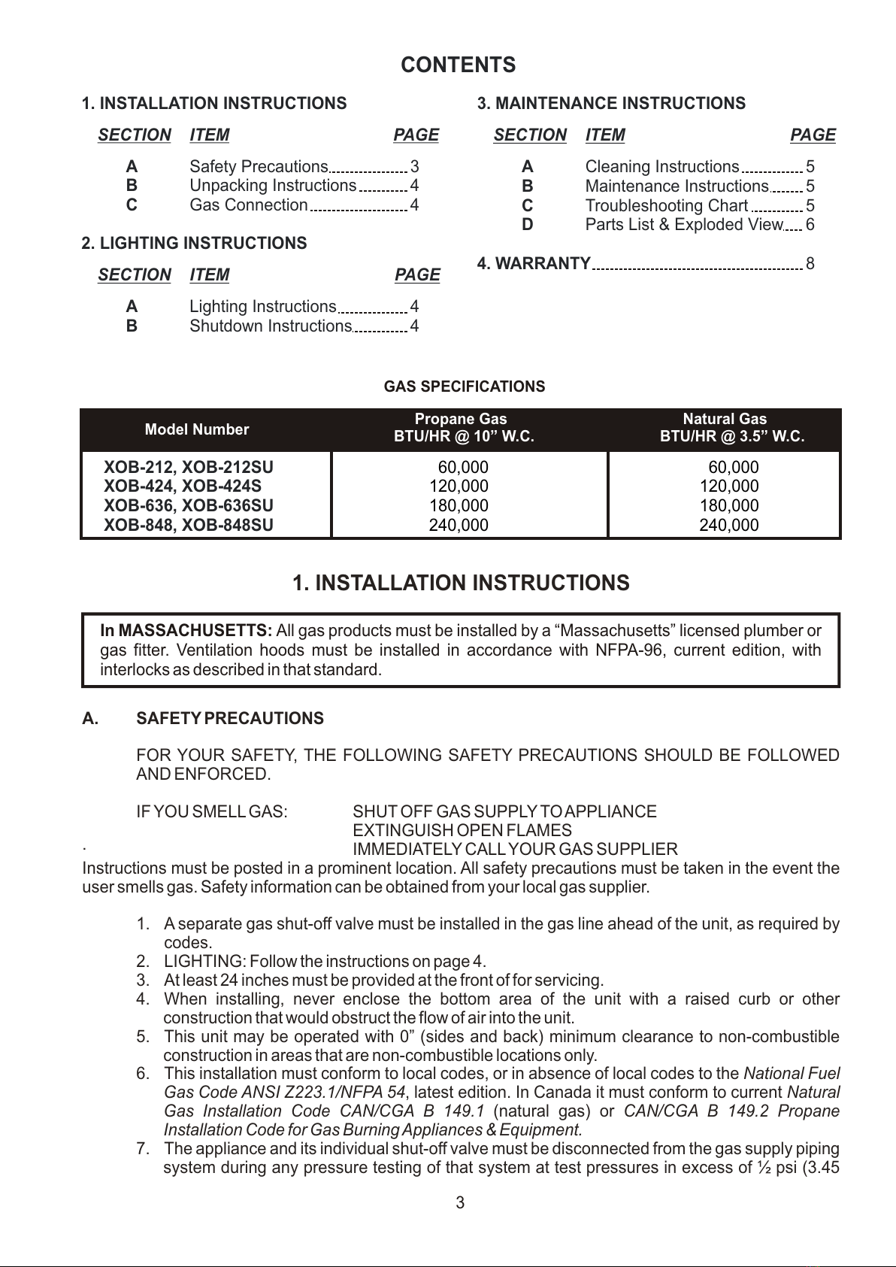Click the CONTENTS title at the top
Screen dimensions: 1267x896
coord(458,65)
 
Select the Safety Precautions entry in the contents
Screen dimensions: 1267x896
coord(259,167)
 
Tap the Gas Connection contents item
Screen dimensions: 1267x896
coord(248,205)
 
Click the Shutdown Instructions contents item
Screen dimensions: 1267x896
coord(270,326)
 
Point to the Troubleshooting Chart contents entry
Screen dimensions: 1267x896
coord(666,206)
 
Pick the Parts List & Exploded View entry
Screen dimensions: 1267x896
coord(683,225)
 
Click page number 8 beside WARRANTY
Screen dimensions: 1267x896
coord(810,264)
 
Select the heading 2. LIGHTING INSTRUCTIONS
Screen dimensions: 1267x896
coord(194,244)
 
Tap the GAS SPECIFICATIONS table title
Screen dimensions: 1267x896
coord(464,386)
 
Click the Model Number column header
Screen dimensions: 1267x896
coord(196,429)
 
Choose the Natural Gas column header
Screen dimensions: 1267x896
coord(724,420)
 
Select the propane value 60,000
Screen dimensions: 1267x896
coord(463,467)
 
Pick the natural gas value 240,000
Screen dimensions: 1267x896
coord(728,526)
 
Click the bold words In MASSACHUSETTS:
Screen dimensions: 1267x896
coord(186,631)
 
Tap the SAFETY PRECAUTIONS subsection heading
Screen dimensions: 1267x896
coord(229,719)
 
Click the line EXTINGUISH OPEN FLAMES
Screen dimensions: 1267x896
coord(462,831)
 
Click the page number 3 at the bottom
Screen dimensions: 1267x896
coord(460,1202)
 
